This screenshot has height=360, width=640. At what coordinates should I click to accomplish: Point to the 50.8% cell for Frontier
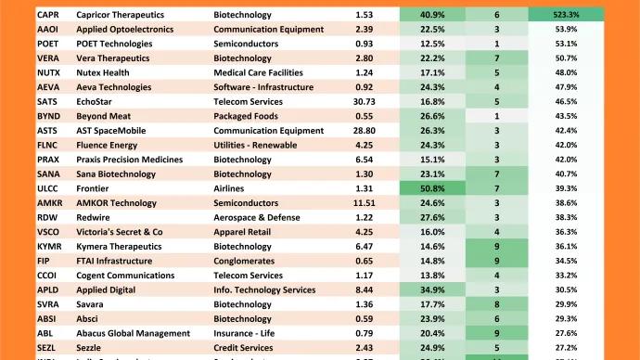(431, 187)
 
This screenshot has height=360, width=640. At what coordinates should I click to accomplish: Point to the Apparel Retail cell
(245, 231)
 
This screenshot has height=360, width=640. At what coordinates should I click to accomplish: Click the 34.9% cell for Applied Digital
(431, 289)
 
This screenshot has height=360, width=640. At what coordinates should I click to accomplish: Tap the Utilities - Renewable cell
(257, 145)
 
